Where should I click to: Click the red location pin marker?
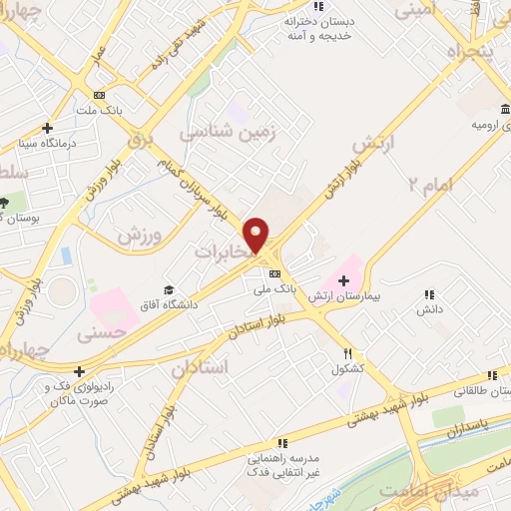coord(257,234)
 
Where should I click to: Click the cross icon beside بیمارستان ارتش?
coord(343,280)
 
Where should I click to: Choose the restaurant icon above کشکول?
coord(348,352)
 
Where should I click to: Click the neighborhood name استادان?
coord(200,367)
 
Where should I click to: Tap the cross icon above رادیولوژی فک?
coord(78,372)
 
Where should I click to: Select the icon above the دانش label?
coord(429,294)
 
